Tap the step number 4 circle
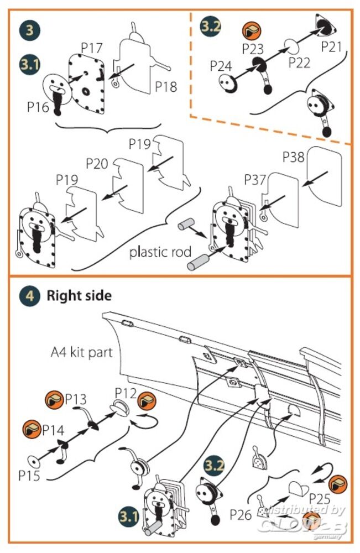[29, 296]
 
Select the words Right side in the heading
[79, 296]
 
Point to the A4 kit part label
[81, 352]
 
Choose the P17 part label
[91, 48]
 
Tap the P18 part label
[165, 87]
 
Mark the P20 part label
[97, 163]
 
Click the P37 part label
[255, 179]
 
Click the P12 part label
[126, 393]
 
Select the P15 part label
[29, 475]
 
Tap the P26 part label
[240, 515]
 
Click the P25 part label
[320, 497]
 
